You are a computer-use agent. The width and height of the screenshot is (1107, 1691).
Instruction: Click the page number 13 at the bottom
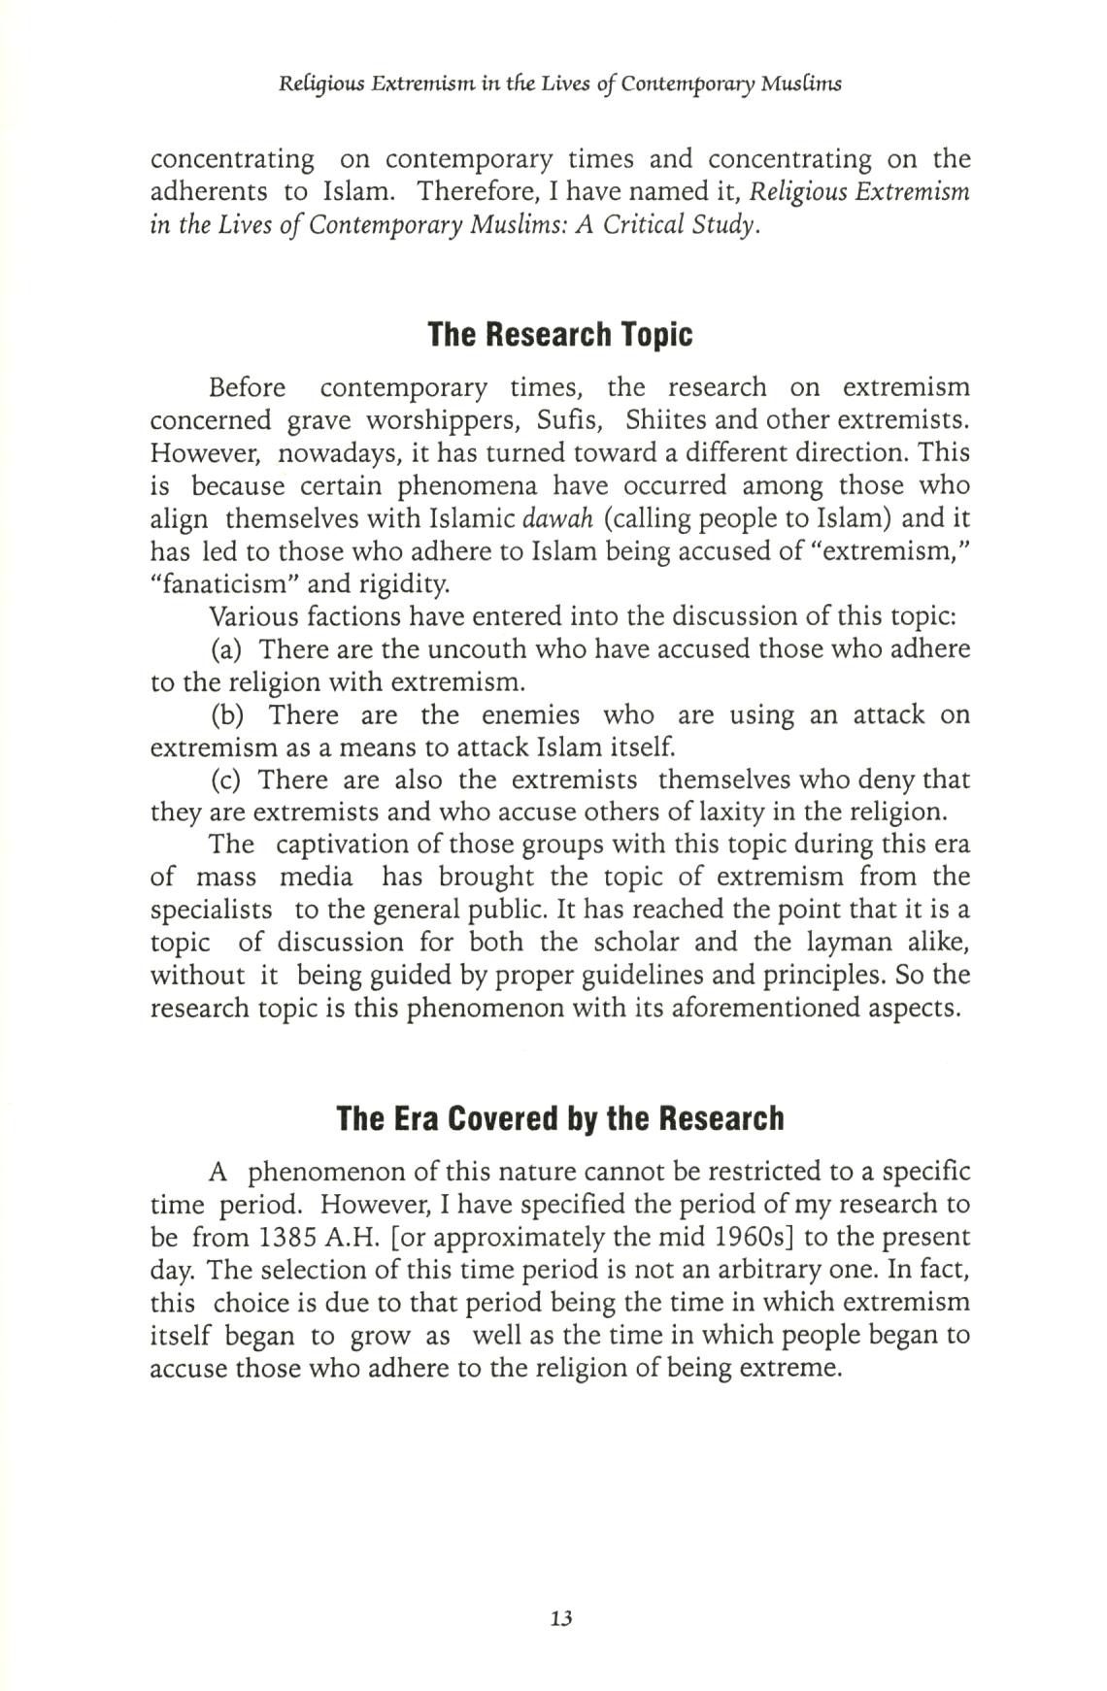[x=560, y=1618]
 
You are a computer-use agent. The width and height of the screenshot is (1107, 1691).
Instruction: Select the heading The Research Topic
[x=560, y=335]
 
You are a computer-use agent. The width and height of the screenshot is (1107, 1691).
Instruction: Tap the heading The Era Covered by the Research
[x=559, y=1118]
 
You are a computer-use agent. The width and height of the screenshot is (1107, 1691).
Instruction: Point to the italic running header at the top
[x=559, y=83]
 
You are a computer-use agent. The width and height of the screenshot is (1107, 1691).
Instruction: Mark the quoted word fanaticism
[x=225, y=584]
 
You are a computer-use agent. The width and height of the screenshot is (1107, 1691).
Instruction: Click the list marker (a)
[x=226, y=649]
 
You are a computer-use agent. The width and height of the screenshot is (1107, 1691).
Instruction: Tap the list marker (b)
[x=227, y=715]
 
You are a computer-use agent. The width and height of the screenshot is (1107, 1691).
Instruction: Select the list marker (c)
[x=226, y=780]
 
